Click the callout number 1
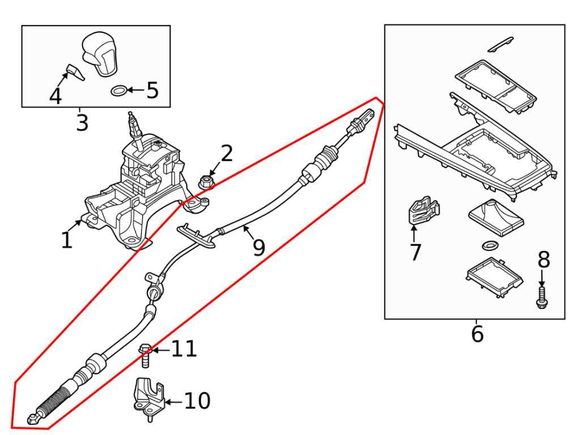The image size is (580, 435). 67,240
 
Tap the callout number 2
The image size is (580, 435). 227,153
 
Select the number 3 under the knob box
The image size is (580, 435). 82,122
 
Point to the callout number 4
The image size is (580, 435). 55,97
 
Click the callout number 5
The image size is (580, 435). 152,90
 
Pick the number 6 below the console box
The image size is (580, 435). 477,334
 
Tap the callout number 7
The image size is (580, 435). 415,252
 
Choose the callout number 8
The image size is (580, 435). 543,260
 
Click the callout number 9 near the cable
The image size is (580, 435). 259,247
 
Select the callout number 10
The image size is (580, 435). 197,402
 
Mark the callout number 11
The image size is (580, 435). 184,349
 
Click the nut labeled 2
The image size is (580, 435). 206,182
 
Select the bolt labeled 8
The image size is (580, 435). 541,298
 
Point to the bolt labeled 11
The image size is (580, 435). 144,355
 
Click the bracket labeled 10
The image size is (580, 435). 148,396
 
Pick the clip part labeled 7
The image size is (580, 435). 423,210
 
